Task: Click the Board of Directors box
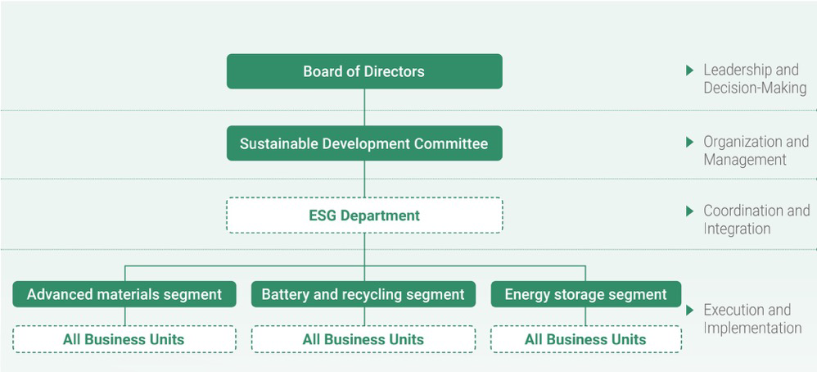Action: tap(364, 71)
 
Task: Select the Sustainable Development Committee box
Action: tap(364, 143)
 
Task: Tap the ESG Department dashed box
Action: tap(364, 215)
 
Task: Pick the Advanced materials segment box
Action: tap(124, 294)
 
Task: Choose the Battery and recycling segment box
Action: tap(363, 294)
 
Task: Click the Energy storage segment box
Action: tap(585, 294)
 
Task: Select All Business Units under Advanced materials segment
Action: tap(124, 339)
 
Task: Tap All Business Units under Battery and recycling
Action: tap(363, 339)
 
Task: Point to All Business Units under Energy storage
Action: tap(585, 339)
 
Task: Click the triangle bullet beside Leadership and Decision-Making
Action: tap(690, 70)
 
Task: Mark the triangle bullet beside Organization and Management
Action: tap(690, 142)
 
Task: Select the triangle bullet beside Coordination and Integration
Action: tap(690, 211)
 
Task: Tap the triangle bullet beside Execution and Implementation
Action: tap(690, 311)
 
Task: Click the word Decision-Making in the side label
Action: tap(755, 88)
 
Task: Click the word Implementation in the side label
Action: tap(752, 329)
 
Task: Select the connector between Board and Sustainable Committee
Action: tap(364, 107)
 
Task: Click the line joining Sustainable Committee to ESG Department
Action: tap(364, 179)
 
